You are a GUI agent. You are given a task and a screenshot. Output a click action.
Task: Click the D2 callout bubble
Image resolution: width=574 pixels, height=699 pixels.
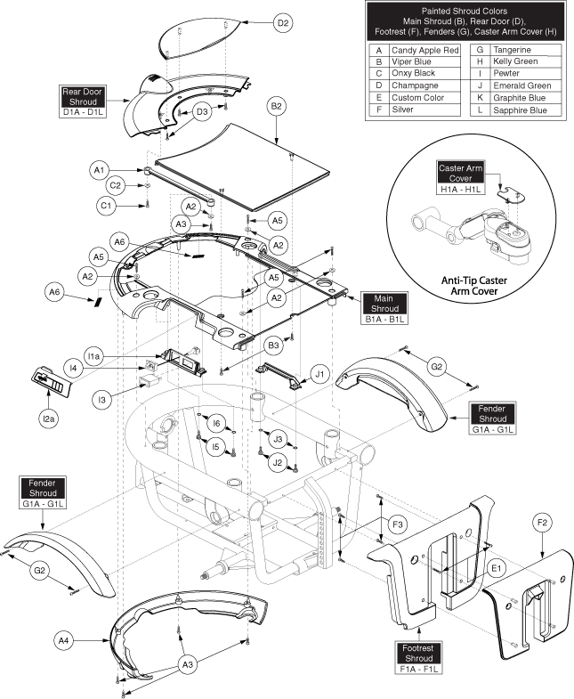(282, 23)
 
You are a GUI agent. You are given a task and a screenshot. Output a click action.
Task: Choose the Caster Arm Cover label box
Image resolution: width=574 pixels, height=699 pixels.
(459, 174)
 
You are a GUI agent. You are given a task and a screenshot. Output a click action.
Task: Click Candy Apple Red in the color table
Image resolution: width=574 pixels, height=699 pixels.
(422, 51)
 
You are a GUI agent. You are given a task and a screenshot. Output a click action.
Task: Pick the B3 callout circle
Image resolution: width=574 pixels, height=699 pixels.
(275, 344)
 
